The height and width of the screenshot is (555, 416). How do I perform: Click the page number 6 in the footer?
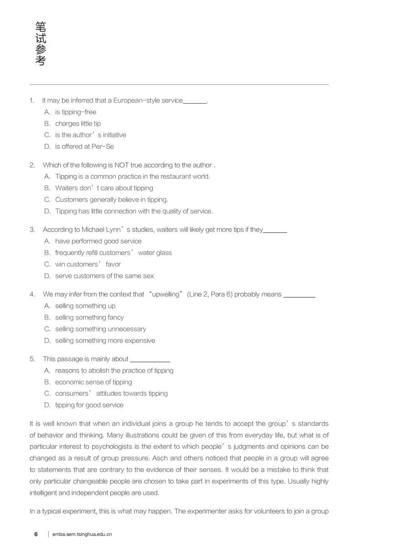tap(36, 534)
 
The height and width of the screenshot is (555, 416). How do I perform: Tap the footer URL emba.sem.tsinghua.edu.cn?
tap(82, 534)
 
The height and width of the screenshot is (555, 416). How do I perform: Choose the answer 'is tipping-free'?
tap(76, 112)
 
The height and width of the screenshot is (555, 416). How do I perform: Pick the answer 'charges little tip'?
tap(78, 124)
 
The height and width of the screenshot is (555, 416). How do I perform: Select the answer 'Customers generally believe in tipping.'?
tap(111, 200)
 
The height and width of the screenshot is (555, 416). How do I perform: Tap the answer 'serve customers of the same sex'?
tap(104, 276)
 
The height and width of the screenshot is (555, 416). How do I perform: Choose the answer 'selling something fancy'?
tap(89, 317)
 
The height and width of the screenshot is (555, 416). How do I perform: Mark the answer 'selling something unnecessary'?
tap(100, 329)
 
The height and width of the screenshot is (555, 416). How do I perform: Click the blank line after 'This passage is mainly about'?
tap(150, 360)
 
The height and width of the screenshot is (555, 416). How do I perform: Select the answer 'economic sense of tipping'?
tap(93, 382)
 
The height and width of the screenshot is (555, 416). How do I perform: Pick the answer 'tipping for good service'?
tap(89, 405)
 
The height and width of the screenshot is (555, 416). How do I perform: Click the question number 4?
tap(32, 294)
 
